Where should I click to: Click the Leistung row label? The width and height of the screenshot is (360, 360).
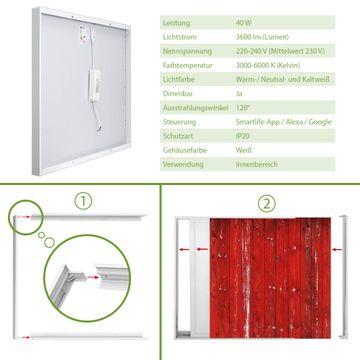176,23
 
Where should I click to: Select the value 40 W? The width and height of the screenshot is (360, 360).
244,23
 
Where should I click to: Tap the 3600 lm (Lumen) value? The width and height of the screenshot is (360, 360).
262,37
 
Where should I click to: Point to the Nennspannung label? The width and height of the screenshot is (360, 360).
187,51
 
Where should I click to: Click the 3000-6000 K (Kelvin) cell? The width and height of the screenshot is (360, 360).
268,65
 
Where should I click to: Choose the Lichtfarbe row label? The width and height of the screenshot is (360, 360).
179,80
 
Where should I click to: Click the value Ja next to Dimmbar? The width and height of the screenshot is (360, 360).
239,94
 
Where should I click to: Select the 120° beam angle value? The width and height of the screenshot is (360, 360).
242,108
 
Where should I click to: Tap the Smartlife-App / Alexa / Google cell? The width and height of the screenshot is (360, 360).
284,122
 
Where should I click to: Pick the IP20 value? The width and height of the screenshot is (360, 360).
243,136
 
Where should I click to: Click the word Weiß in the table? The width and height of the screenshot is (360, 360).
244,150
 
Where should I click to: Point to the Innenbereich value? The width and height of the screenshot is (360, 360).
256,164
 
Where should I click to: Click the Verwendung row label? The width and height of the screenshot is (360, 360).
183,164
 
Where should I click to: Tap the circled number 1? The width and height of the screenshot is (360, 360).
83,201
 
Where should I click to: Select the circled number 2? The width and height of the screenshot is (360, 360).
266,204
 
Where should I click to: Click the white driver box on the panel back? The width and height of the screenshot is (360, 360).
94,85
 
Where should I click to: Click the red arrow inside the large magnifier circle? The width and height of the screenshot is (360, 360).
93,277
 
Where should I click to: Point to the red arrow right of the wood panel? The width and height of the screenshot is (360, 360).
337,249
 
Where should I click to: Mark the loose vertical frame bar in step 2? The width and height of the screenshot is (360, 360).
343,277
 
